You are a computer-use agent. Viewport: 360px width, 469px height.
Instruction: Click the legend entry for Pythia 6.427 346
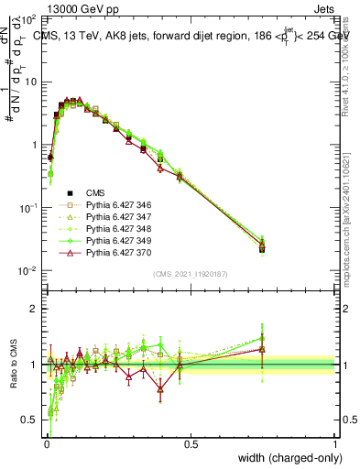click(115, 205)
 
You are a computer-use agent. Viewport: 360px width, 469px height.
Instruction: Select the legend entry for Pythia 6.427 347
click(115, 217)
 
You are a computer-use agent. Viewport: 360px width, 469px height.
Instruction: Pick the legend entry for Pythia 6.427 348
click(115, 229)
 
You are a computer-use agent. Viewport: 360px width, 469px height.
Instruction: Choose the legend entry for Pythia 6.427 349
click(115, 241)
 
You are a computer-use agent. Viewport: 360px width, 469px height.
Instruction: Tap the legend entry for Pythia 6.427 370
click(115, 253)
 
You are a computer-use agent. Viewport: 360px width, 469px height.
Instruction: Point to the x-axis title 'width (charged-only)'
click(285, 457)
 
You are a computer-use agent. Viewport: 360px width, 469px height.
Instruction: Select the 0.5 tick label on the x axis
click(191, 443)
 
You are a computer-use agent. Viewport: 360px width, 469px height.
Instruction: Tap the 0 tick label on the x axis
click(47, 443)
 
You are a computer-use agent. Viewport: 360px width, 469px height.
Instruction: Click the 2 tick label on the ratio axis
click(34, 309)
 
